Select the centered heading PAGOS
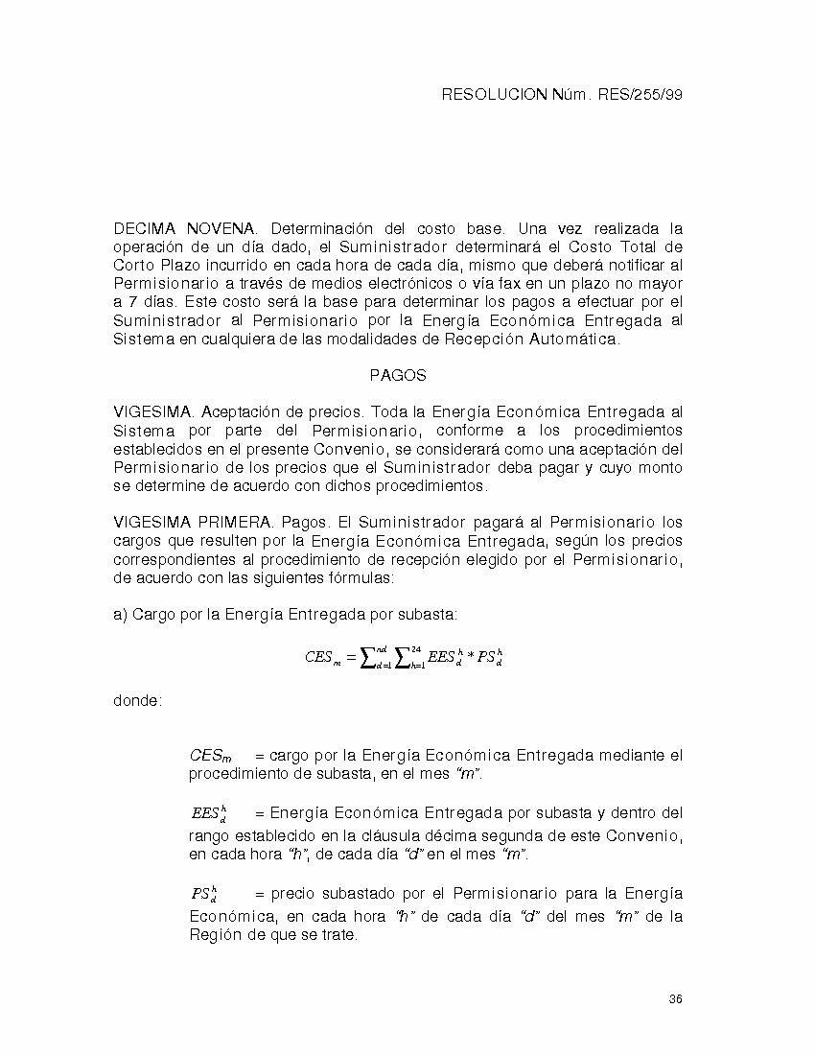(x=397, y=376)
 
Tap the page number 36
(x=675, y=999)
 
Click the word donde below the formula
(x=137, y=701)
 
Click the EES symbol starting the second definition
(x=208, y=813)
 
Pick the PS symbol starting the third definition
(x=203, y=895)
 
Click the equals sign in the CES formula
(x=351, y=658)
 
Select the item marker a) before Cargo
(x=120, y=614)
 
